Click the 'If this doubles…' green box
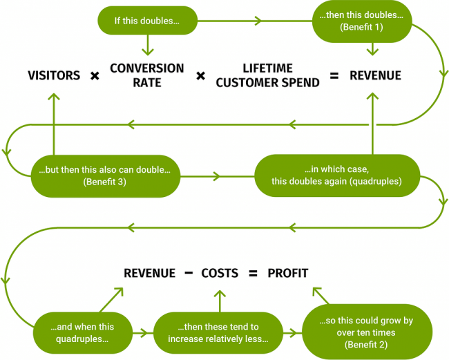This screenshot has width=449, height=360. pyautogui.click(x=146, y=21)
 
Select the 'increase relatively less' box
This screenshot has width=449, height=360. pyautogui.click(x=218, y=333)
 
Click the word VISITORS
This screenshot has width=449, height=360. pyautogui.click(x=55, y=76)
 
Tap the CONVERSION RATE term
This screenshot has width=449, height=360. pyautogui.click(x=147, y=75)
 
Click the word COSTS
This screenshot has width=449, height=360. pyautogui.click(x=220, y=273)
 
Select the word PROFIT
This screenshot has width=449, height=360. pyautogui.click(x=288, y=273)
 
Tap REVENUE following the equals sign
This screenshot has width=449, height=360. pyautogui.click(x=375, y=76)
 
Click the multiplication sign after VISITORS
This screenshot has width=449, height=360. pyautogui.click(x=95, y=76)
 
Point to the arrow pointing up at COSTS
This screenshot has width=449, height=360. pyautogui.click(x=220, y=299)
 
